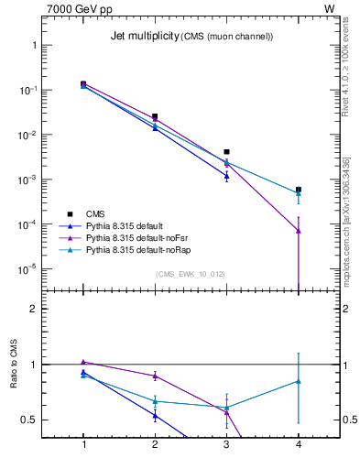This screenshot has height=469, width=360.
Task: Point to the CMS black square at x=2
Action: [x=155, y=117]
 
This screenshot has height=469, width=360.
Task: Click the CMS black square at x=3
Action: [x=226, y=152]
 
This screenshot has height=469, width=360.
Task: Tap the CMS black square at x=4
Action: [x=299, y=190]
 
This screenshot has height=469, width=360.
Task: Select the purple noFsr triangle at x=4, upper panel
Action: [x=299, y=230]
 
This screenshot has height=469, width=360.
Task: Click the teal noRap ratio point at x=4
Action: [x=299, y=381]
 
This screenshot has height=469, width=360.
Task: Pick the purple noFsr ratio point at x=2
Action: [x=155, y=376]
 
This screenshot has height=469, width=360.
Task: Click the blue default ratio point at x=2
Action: [x=155, y=416]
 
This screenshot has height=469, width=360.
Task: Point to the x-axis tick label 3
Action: [x=226, y=444]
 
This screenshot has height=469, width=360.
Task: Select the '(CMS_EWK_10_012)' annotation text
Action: [x=191, y=273]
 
